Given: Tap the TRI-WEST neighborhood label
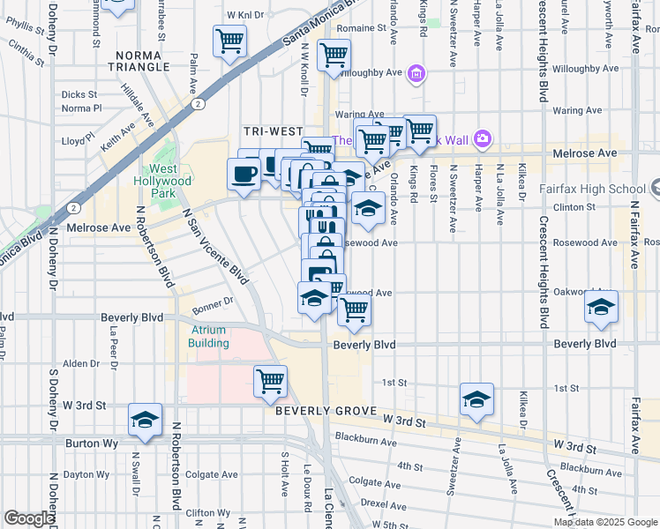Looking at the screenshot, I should [x=274, y=130].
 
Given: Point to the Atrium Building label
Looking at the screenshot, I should [x=209, y=337].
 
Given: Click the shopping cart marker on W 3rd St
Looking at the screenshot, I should [x=270, y=381].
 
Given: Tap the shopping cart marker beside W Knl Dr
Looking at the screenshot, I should [x=229, y=40].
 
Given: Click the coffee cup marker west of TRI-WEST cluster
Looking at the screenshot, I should [x=244, y=172].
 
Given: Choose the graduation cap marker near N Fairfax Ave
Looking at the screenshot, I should [x=602, y=307].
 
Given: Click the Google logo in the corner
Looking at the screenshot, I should [x=29, y=518].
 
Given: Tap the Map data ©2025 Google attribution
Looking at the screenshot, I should [x=604, y=522].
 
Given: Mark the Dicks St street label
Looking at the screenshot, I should [x=79, y=94].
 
